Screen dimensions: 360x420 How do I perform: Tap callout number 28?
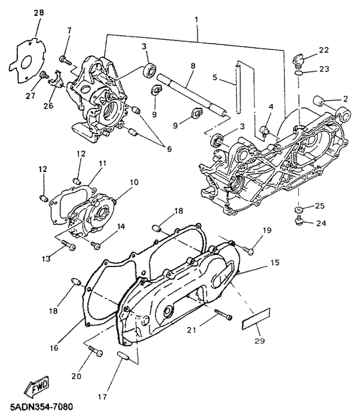click(x=39, y=13)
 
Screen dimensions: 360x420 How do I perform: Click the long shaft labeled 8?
click(x=192, y=95)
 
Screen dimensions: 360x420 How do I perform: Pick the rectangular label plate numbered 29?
click(x=256, y=319)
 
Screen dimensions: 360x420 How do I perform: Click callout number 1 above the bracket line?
click(x=197, y=19)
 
